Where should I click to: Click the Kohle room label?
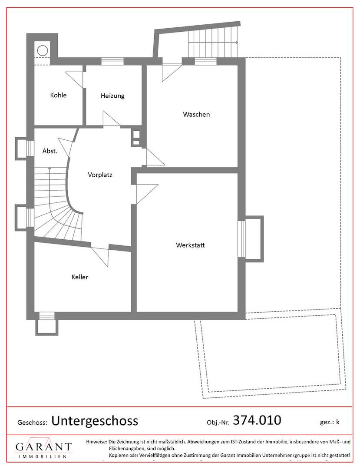(x=58, y=95)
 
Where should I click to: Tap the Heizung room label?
(x=112, y=96)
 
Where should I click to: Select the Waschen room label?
(x=196, y=114)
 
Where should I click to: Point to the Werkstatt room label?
(x=191, y=245)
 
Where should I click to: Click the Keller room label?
(x=80, y=277)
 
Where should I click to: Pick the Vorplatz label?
(x=100, y=175)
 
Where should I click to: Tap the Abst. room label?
(x=50, y=151)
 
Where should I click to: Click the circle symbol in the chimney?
(x=43, y=50)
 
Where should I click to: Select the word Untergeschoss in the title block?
(x=95, y=421)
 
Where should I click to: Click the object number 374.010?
(x=257, y=420)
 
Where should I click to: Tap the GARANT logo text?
(x=44, y=446)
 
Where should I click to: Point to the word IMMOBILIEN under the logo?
(x=43, y=456)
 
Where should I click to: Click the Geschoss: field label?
(x=33, y=423)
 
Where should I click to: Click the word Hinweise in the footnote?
(x=96, y=442)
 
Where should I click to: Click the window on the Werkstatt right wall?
(x=241, y=239)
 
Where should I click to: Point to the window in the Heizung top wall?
(x=112, y=61)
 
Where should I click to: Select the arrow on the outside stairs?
(x=214, y=43)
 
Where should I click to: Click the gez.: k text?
(x=330, y=423)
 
